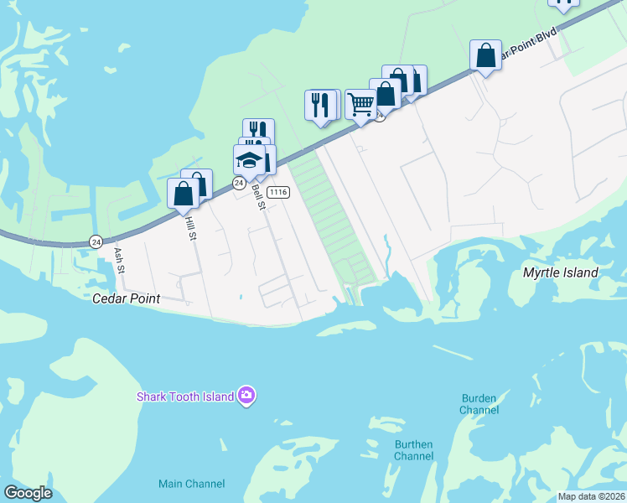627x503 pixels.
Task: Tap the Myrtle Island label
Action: coord(560,272)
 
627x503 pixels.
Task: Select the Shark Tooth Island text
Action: coord(185,396)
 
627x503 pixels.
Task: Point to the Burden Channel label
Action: coord(479,404)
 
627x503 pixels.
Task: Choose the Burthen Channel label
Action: coord(414,450)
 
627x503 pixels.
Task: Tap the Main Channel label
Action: coord(192,484)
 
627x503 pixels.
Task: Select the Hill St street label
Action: coord(190,227)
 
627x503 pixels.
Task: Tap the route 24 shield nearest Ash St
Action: coord(96,241)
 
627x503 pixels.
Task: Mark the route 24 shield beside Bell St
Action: coord(240,182)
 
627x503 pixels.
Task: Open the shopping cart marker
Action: coord(360,105)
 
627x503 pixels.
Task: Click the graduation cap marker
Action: coord(249,159)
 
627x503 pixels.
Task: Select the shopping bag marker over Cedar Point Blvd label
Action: coord(485,55)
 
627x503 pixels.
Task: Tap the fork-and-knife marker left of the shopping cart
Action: coord(320,105)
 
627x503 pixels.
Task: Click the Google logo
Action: coord(28,492)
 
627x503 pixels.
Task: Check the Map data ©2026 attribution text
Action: coord(591,495)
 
